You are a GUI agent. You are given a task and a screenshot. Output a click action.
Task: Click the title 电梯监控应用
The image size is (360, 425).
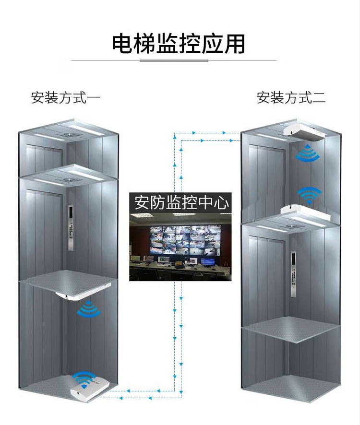179,43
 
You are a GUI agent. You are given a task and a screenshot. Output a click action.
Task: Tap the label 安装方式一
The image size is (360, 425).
66,98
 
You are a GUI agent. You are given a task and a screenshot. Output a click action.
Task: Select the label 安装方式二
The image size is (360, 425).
291,98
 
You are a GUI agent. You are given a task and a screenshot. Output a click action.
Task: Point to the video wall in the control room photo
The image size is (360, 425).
186,240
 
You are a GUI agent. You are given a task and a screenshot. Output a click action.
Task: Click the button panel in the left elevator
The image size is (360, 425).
71,228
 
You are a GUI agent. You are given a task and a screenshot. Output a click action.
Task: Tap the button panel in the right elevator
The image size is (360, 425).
293,274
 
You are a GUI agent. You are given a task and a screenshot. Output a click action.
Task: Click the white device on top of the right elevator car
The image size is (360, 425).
306,213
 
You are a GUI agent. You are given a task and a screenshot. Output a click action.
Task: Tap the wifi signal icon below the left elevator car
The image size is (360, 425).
89,309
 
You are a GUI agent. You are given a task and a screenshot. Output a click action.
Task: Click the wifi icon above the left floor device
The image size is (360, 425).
85,378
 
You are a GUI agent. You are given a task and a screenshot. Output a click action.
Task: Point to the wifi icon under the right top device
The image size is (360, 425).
308,153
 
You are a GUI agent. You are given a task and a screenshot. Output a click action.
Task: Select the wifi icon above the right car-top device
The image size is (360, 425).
309,195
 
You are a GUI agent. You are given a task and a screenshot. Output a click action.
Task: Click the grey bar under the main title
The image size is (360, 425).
174,60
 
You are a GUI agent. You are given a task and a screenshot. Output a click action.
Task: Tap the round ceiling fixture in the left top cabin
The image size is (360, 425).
68,134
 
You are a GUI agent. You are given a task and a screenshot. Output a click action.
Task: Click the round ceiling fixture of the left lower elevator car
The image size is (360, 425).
68,179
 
